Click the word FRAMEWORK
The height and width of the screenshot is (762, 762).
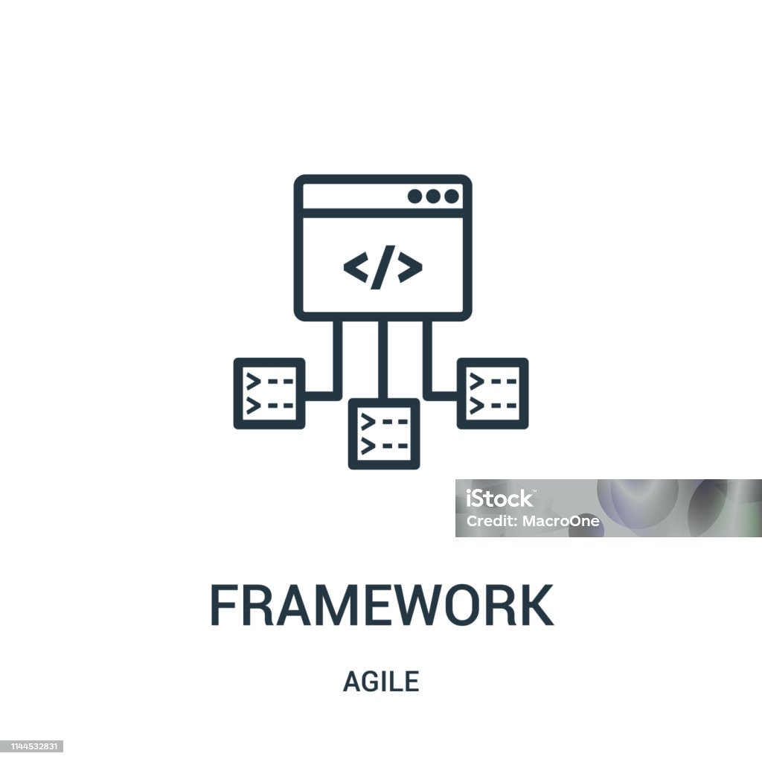coord(382,605)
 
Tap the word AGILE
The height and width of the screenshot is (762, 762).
coord(381,682)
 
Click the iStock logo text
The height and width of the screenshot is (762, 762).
coord(499,499)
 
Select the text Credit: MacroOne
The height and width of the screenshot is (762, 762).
coord(533,521)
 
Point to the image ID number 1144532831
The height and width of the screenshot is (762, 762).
coord(31,746)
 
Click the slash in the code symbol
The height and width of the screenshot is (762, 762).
coord(383,267)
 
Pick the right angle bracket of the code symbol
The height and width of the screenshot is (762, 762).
coord(410,267)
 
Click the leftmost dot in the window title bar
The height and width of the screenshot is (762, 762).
coord(414,196)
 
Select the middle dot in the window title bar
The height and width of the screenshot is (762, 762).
coord(433,196)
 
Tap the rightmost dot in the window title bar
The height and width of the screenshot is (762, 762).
coord(452,196)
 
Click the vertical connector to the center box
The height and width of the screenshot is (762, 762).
coord(383,359)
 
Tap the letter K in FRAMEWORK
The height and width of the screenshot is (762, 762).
coord(537,605)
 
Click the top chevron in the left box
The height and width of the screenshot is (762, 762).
coord(253,382)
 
